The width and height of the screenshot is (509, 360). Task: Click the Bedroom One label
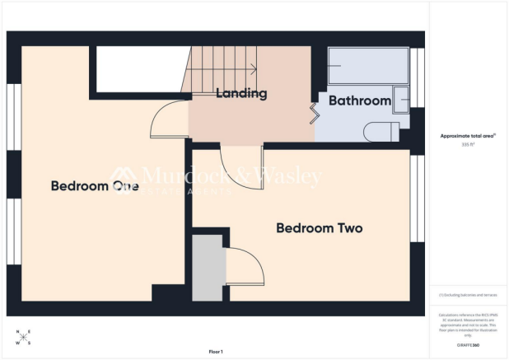[x=94, y=186]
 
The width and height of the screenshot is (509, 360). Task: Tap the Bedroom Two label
[x=319, y=228]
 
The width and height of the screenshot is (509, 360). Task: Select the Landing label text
[x=241, y=94]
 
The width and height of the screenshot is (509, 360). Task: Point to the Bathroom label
[x=359, y=101]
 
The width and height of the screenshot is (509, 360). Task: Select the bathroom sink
[x=400, y=99]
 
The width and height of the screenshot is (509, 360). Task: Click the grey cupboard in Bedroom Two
[x=207, y=268]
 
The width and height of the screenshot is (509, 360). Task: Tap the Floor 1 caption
[x=216, y=352]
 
